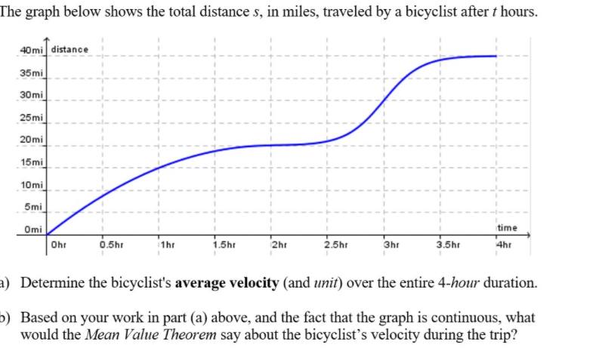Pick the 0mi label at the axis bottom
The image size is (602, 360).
(32, 230)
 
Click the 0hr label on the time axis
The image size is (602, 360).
(57, 244)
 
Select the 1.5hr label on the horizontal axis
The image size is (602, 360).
(222, 244)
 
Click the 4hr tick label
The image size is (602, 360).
(503, 244)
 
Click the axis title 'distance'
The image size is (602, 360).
(70, 50)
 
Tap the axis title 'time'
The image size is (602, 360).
(507, 227)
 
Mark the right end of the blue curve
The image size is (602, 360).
(496, 56)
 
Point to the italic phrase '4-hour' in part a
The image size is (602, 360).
(461, 285)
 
